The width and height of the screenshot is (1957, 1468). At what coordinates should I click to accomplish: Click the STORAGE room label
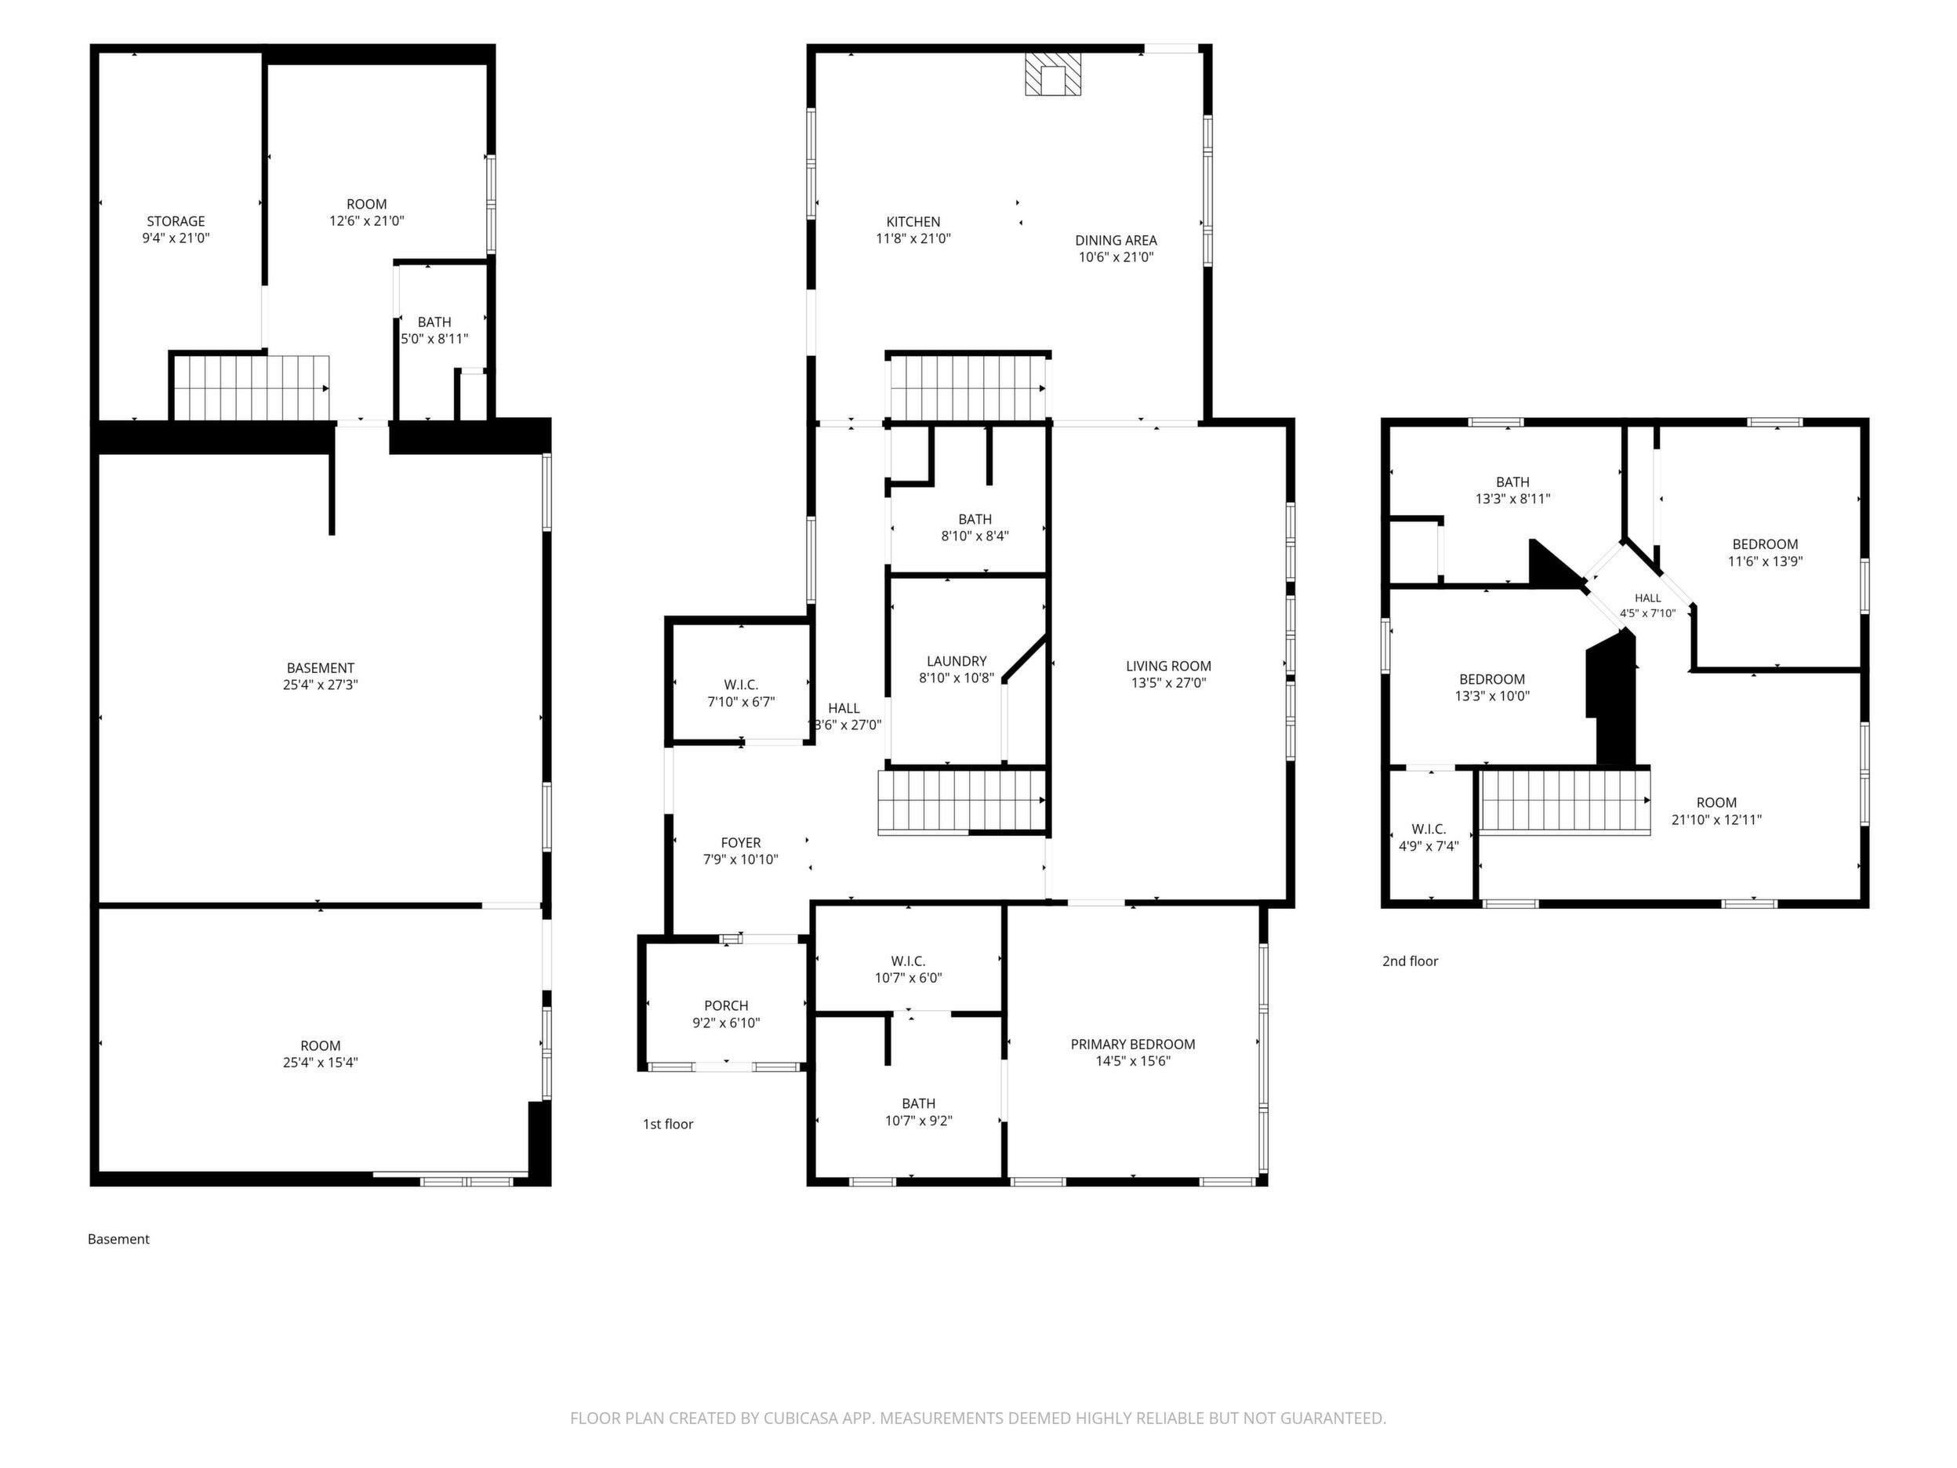click(176, 221)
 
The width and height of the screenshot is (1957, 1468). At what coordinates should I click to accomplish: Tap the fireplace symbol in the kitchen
click(1053, 74)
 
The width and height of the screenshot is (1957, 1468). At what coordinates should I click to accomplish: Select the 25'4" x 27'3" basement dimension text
click(320, 685)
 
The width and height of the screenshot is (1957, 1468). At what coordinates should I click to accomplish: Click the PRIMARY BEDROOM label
click(1132, 1045)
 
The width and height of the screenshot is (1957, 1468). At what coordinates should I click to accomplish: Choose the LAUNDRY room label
click(957, 661)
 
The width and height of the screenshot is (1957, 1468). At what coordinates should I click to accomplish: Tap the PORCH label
click(726, 1005)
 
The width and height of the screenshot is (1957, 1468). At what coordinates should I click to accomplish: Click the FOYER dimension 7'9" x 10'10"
click(740, 859)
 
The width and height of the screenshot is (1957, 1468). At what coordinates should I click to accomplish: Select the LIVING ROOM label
click(1169, 667)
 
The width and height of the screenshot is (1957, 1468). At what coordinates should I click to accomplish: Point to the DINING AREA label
click(1116, 240)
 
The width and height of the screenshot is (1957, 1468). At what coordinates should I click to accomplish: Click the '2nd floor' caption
click(1411, 961)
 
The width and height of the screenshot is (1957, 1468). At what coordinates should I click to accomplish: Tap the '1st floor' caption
click(668, 1124)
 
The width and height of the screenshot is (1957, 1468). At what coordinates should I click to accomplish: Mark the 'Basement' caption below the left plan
click(118, 1239)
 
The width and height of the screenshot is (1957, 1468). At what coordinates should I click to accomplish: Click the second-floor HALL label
click(1647, 598)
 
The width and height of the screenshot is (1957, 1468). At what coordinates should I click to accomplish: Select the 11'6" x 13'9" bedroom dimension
click(1765, 561)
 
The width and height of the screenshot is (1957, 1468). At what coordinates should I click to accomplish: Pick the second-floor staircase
click(1564, 801)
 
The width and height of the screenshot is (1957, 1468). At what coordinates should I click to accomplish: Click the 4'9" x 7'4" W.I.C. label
click(1429, 846)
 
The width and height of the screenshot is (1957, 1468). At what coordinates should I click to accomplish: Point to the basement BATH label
click(434, 322)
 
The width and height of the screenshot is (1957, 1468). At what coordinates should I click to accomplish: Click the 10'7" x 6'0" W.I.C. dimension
click(908, 978)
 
